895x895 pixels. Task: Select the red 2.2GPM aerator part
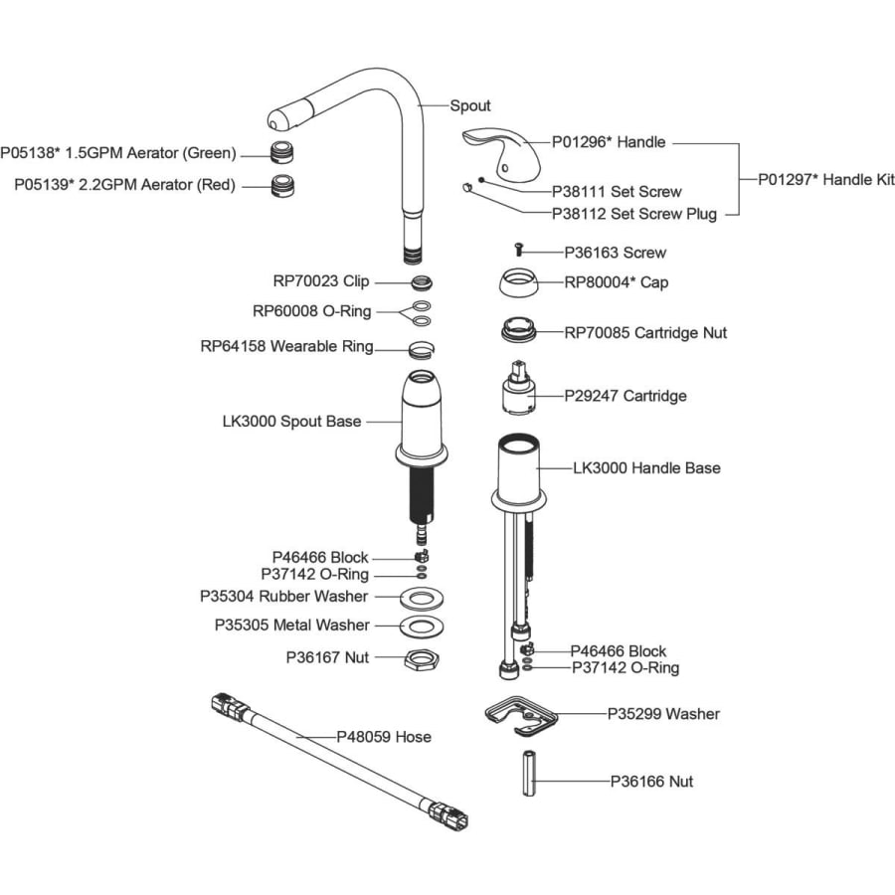(282, 186)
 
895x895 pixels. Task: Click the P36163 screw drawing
(518, 249)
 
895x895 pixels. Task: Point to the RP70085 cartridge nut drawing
(519, 330)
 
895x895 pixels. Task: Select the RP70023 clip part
(422, 281)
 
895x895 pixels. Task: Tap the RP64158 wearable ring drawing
(422, 349)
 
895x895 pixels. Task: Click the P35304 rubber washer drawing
(422, 599)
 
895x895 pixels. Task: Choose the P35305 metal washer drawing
(422, 626)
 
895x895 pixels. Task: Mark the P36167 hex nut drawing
(422, 659)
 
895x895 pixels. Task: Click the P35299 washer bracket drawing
(520, 716)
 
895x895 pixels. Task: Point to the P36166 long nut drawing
(529, 773)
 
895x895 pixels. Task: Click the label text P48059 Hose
(384, 737)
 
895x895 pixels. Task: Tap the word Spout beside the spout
(470, 105)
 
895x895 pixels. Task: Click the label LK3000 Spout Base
(291, 422)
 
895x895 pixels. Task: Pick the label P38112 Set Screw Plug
(634, 214)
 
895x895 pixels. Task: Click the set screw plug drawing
(467, 187)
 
